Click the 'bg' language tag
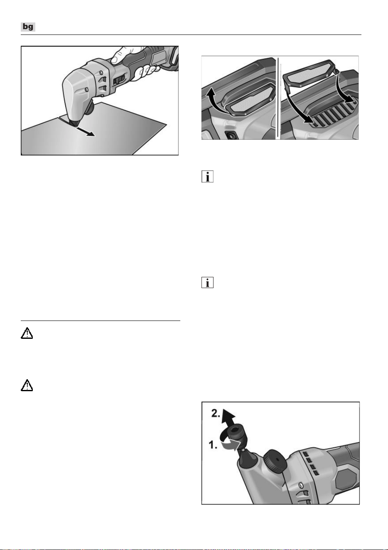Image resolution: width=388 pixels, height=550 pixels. (x=28, y=27)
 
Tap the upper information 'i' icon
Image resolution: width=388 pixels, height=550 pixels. (x=207, y=177)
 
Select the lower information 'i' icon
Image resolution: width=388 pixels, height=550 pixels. (x=207, y=282)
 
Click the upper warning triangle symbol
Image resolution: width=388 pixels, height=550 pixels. (x=27, y=333)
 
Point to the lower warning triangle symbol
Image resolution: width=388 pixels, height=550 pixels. (x=27, y=385)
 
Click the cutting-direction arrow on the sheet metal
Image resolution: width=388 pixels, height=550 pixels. (x=86, y=132)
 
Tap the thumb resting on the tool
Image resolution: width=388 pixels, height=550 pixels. (x=120, y=55)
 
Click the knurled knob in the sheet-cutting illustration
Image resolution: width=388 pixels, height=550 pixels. (x=90, y=108)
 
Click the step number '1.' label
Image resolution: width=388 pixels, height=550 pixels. (x=213, y=445)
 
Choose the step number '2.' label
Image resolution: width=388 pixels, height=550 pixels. (x=216, y=413)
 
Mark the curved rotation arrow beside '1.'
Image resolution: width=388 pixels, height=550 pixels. (x=231, y=442)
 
